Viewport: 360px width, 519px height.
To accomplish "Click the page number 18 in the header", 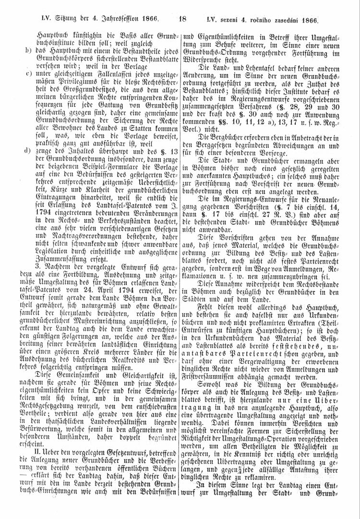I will (x=182, y=20).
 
